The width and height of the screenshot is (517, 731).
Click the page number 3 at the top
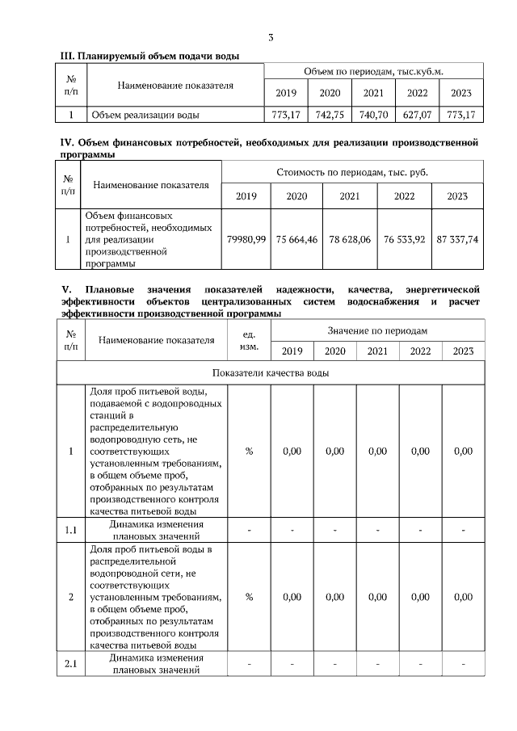tap(271, 37)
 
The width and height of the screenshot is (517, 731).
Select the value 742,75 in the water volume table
tap(330, 115)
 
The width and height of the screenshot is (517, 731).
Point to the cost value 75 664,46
tap(296, 240)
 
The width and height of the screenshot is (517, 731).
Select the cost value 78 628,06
tap(350, 240)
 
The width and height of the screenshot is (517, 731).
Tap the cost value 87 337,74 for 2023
tap(457, 240)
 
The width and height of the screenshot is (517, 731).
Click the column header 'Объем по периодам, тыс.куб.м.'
tap(373, 72)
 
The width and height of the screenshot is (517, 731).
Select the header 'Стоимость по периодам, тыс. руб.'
tap(352, 172)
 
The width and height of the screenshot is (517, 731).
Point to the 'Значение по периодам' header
tap(377, 331)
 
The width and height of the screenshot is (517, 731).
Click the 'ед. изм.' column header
tap(249, 340)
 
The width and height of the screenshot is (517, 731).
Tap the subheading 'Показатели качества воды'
tap(271, 372)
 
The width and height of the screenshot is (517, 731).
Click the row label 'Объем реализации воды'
tap(145, 115)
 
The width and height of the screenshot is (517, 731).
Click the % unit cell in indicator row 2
tap(249, 597)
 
